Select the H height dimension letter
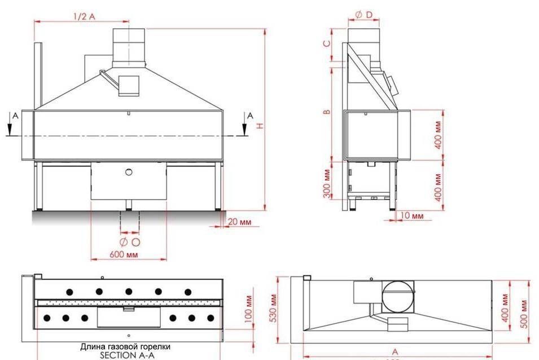click(260, 125)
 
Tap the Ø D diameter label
click(364, 15)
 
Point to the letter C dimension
click(327, 44)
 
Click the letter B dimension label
click(327, 112)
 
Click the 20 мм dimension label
click(239, 222)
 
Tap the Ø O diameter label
click(129, 242)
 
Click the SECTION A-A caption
click(126, 355)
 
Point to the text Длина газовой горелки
click(125, 346)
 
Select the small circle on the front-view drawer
click(129, 171)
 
